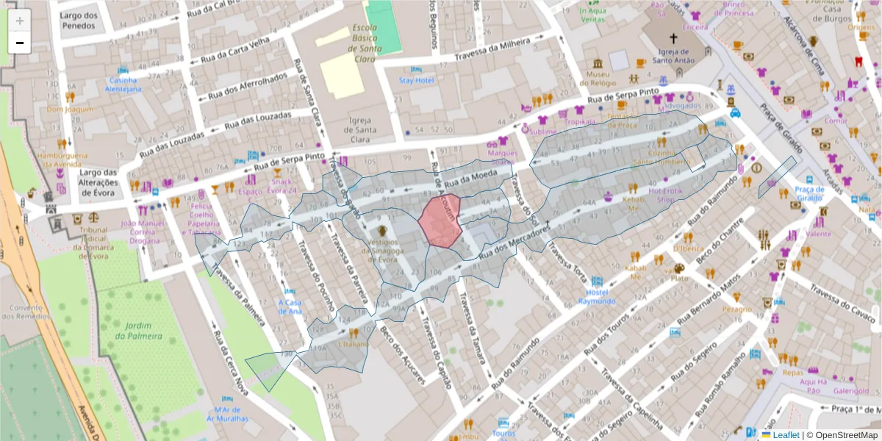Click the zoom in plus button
coord(20,21)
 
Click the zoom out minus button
coord(20,43)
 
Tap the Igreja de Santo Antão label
coord(672,56)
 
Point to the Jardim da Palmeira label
coord(138,331)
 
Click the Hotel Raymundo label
coord(596,296)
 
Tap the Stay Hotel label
coord(416,80)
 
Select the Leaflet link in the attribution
coord(786,435)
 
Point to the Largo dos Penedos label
coord(79,20)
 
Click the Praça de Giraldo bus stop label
coord(808,193)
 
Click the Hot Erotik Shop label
coord(661,195)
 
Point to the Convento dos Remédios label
coord(19,312)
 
